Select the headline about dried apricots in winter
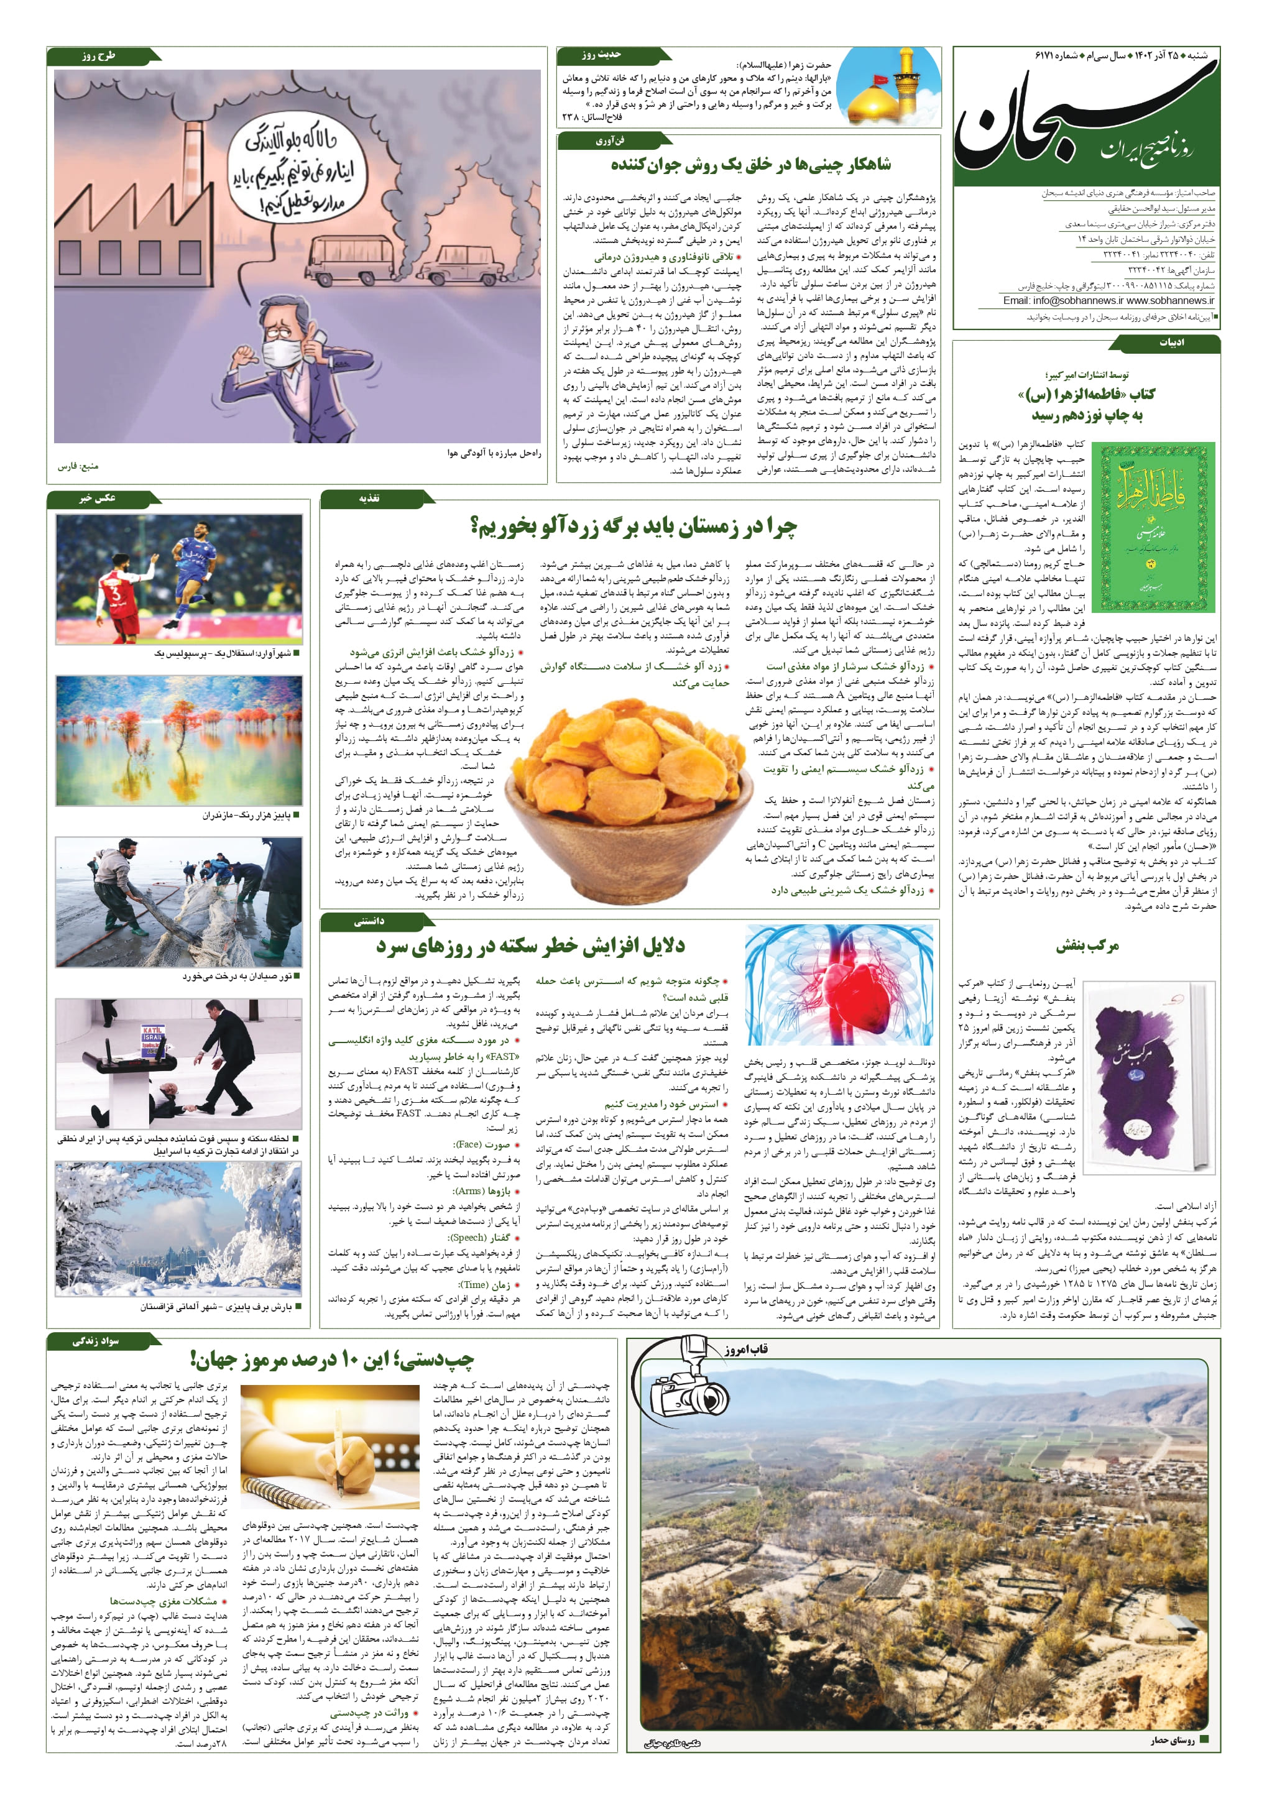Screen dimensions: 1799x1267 633,527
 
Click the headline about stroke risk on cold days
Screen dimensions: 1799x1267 530,946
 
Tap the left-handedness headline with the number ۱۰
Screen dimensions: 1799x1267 331,1360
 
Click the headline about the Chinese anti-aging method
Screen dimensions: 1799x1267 750,165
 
